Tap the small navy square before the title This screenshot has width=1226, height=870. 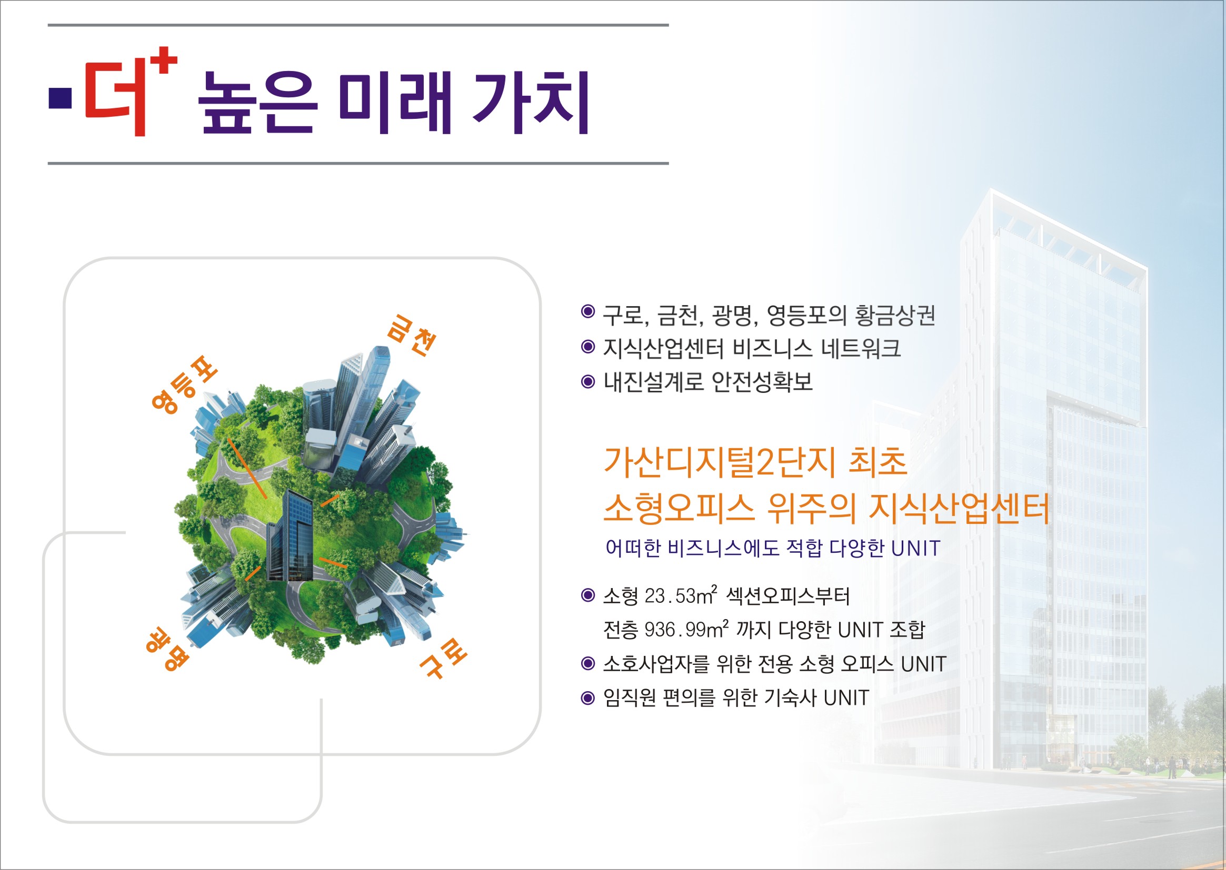coord(60,97)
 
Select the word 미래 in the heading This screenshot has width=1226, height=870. coord(395,102)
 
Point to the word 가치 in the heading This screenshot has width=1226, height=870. coord(531,102)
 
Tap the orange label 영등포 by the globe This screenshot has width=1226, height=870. coord(184,385)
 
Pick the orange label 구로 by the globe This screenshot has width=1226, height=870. coord(443,658)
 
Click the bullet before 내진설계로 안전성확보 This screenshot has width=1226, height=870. coord(588,381)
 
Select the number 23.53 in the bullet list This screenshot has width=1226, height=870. coord(670,596)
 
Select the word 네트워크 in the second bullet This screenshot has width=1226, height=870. coord(861,348)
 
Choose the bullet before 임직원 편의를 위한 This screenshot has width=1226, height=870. coord(588,698)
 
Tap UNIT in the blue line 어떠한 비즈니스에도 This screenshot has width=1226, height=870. coord(915,549)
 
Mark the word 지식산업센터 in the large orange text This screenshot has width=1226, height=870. coord(959,508)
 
